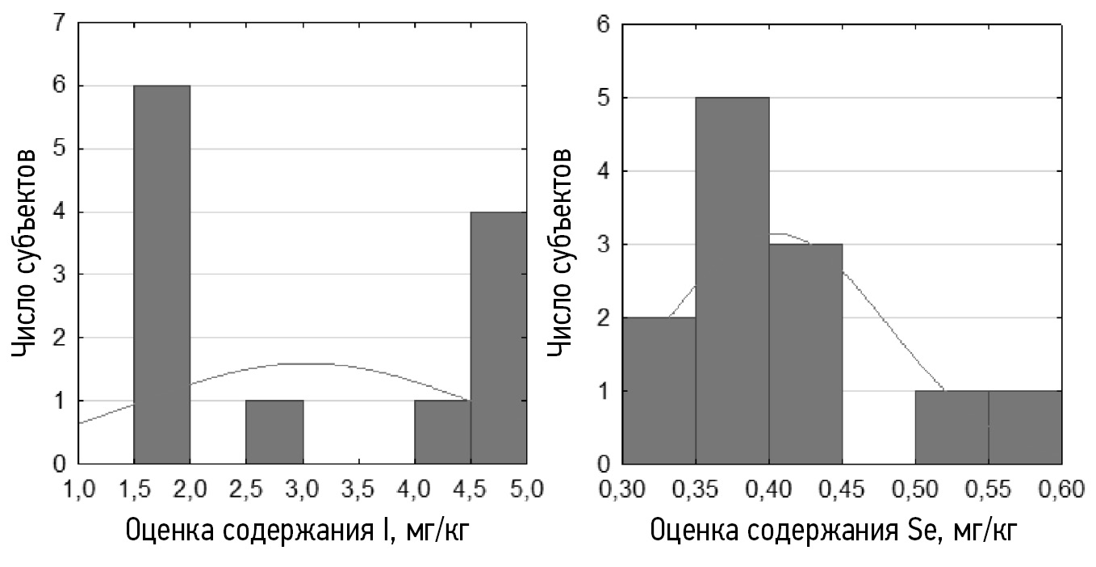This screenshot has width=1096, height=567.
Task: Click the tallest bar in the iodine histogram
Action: pos(161,275)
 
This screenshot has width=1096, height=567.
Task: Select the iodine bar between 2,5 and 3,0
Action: pos(274,432)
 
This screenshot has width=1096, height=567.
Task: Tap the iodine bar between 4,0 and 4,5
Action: pos(442,432)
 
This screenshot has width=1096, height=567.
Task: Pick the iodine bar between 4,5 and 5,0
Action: pos(499,338)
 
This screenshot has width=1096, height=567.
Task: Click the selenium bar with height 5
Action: pos(732,280)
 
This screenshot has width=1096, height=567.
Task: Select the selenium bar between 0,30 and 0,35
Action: pos(659,391)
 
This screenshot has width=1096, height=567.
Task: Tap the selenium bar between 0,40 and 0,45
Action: pos(805,354)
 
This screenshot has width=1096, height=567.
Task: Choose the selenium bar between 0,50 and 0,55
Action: pos(952,427)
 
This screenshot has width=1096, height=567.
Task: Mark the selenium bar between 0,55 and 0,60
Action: pos(1024,427)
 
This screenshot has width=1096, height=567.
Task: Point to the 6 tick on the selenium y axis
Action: pos(603,25)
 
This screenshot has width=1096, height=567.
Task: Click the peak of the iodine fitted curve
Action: pos(303,363)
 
